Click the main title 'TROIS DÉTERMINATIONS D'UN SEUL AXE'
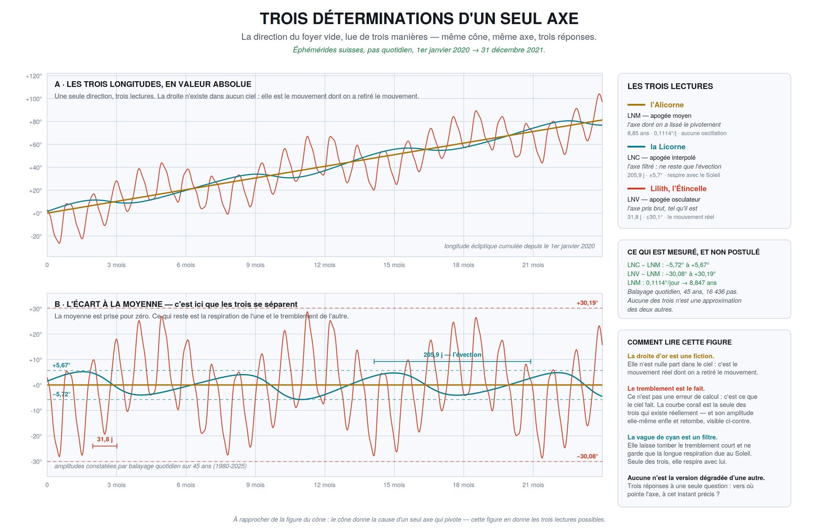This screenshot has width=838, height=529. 419,19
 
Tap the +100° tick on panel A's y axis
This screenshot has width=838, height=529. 34,99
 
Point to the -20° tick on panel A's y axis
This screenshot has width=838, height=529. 36,236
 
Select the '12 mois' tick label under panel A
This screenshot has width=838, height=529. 324,265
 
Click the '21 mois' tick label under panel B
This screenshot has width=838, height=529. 533,485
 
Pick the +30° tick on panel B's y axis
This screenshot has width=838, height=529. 35,309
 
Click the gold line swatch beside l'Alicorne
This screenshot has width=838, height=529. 636,105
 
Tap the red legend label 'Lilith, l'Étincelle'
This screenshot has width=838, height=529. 678,189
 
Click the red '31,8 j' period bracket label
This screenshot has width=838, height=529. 105,439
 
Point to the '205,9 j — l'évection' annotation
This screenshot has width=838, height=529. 453,355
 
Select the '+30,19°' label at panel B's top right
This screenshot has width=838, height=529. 587,303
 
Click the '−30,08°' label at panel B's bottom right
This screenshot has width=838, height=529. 587,456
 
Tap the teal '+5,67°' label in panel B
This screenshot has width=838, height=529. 61,365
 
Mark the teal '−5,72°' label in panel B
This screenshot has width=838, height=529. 61,394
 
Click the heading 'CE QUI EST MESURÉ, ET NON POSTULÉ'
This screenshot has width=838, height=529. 693,252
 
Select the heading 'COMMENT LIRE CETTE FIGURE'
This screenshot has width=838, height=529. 679,343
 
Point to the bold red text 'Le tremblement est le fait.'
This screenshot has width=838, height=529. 666,388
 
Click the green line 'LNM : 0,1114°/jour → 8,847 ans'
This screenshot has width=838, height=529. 672,283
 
